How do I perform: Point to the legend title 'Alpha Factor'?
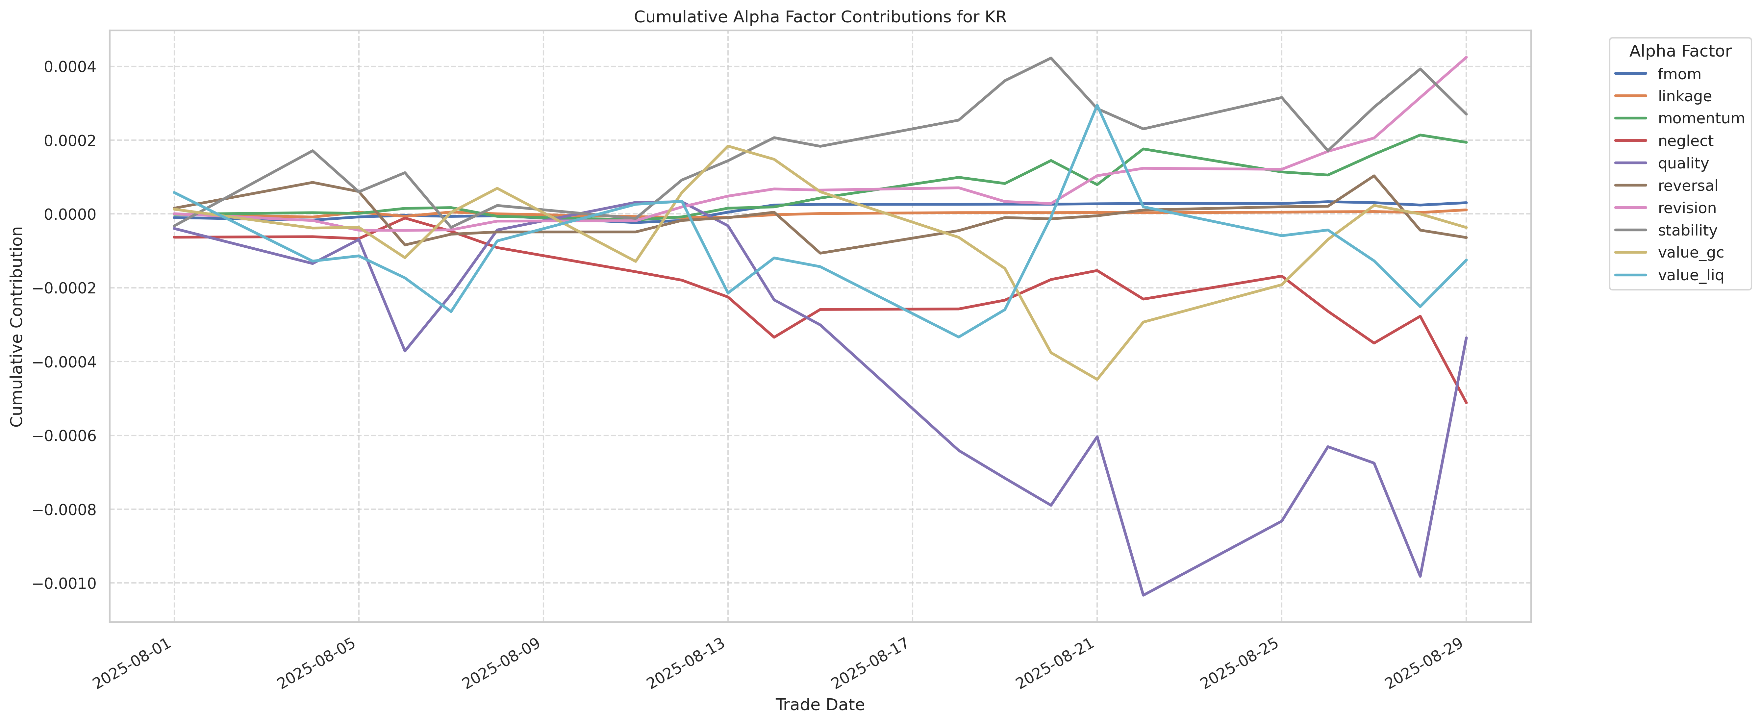[1680, 51]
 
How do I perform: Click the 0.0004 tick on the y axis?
[69, 67]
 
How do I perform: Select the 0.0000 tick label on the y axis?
[69, 214]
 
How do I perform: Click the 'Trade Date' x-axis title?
[820, 705]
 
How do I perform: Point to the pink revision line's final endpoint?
[1466, 58]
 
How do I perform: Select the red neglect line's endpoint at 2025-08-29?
[1466, 403]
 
